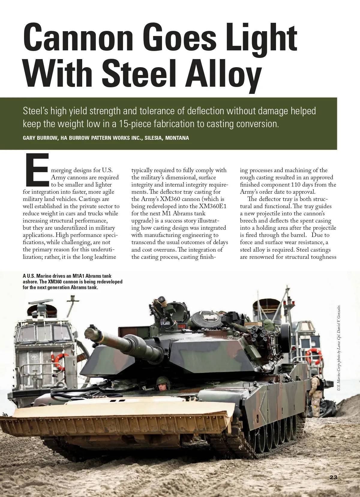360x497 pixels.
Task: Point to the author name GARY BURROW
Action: pos(40,138)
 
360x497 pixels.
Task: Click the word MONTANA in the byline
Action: pos(177,138)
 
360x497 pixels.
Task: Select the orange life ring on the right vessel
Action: pos(313,356)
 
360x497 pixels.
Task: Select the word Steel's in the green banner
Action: pos(35,111)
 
